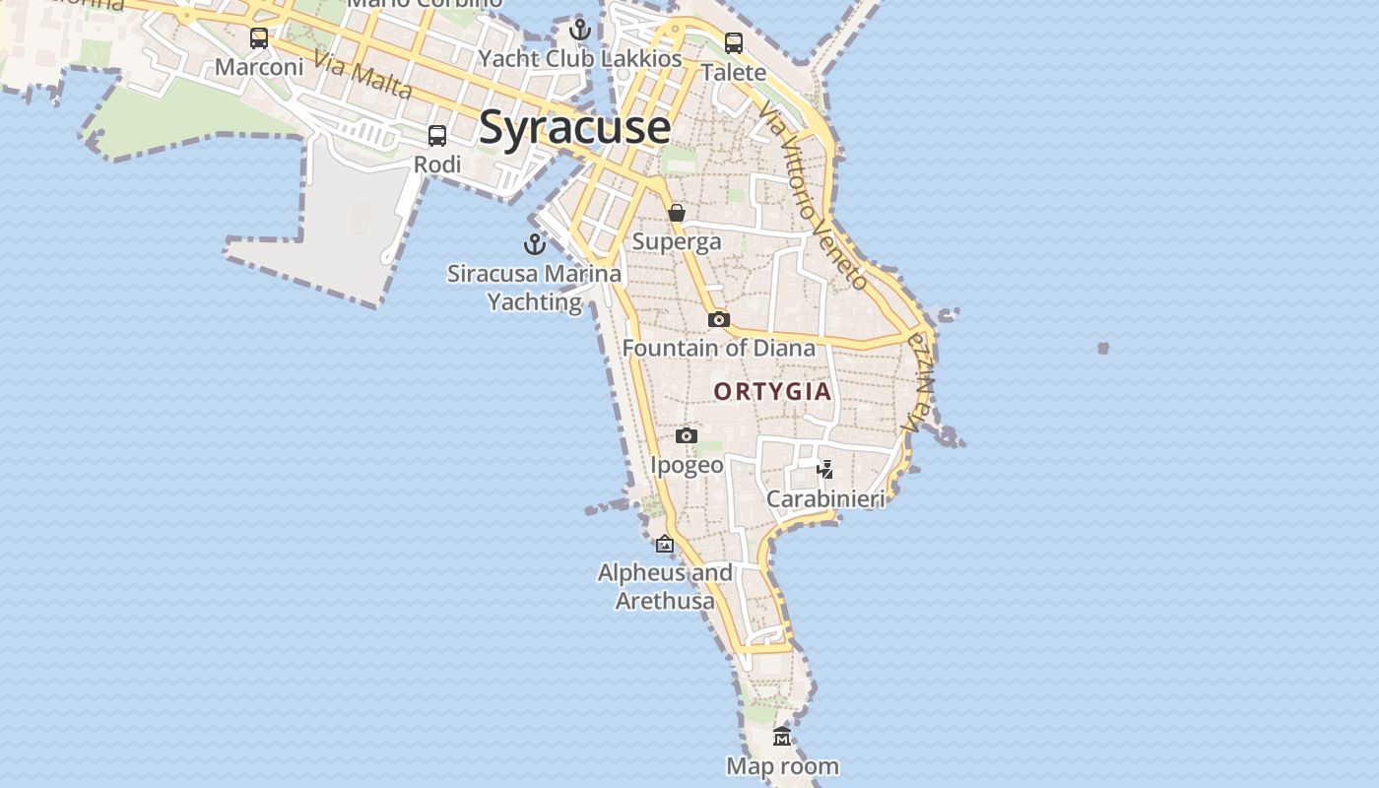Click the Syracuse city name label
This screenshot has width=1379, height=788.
click(575, 128)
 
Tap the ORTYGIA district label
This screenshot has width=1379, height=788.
click(772, 392)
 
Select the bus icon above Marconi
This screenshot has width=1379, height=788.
click(259, 38)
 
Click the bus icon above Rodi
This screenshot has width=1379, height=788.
click(437, 136)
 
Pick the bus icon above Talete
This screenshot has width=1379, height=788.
click(734, 43)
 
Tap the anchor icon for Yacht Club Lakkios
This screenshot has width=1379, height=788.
click(580, 30)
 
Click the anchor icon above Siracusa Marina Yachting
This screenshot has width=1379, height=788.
click(535, 244)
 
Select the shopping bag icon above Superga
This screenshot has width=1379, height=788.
click(677, 213)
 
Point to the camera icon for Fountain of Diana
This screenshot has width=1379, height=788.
click(719, 319)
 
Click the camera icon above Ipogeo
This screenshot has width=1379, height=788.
click(687, 435)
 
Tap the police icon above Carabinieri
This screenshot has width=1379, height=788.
click(825, 469)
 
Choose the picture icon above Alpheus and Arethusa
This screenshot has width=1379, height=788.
click(665, 543)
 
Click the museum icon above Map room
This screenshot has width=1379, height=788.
click(782, 736)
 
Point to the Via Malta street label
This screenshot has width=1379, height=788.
click(362, 74)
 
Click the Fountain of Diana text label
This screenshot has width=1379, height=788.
click(719, 348)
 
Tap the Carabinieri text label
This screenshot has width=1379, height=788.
click(825, 498)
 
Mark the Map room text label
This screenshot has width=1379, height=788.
click(782, 765)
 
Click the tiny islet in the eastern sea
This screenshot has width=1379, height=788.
click(1103, 348)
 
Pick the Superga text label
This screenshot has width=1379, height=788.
click(677, 241)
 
